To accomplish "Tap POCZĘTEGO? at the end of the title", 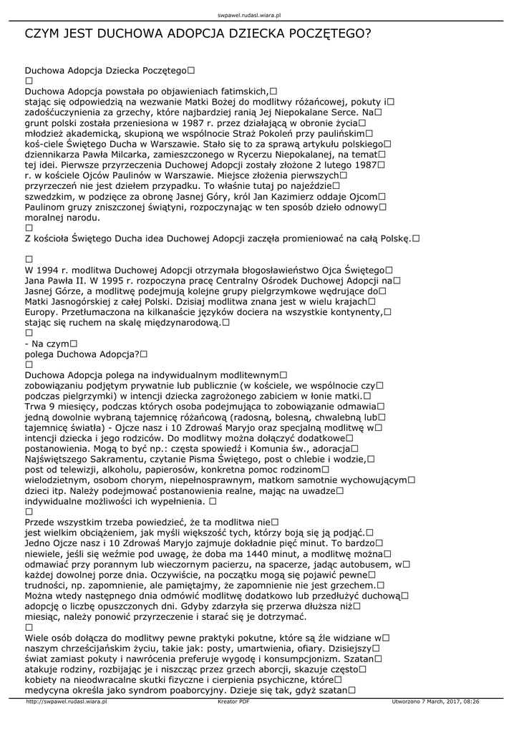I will coord(325,34).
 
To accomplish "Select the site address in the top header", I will coord(259,14).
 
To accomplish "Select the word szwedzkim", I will coord(51,195).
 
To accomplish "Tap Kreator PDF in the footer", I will coord(233,702).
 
